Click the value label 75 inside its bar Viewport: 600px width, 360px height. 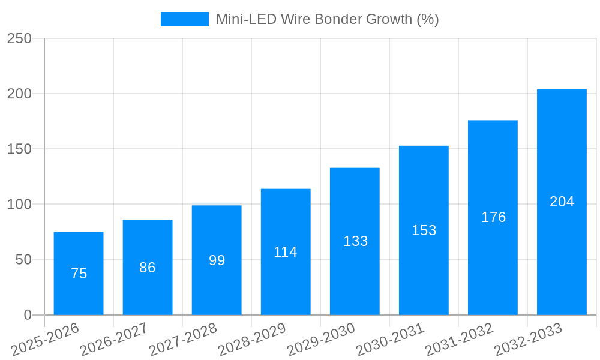(79, 274)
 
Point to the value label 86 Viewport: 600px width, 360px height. (148, 268)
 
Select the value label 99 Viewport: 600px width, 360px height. (217, 260)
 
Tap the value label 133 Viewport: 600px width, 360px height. (355, 241)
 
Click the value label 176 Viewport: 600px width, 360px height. (493, 217)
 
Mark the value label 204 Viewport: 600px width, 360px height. (562, 202)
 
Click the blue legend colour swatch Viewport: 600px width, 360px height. (185, 19)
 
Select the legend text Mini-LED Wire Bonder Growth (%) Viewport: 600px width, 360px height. (328, 19)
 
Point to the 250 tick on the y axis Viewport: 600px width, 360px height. (19, 38)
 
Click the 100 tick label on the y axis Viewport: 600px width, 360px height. (19, 205)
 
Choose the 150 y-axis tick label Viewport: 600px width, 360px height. (19, 149)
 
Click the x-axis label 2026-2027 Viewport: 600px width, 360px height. (114, 339)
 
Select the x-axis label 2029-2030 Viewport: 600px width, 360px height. (321, 339)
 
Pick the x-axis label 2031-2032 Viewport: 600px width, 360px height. (459, 339)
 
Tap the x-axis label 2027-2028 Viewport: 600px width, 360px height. (183, 339)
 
